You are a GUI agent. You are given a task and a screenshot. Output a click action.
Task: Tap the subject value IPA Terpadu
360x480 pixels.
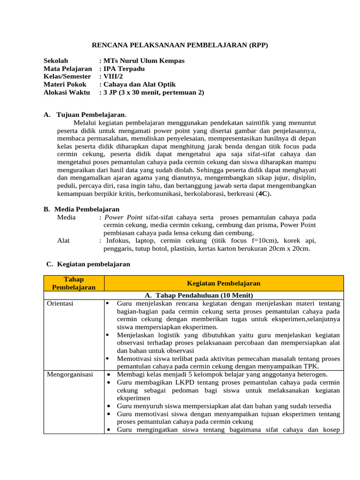tap(124, 69)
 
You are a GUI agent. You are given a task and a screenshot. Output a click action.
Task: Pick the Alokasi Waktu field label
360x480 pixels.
tap(67, 92)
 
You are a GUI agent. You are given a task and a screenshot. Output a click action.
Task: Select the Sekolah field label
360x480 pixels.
tap(56, 61)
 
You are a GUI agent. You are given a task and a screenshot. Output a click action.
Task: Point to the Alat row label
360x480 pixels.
tap(63, 240)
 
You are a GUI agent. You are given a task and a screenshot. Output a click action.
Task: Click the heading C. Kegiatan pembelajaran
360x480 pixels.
tap(88, 264)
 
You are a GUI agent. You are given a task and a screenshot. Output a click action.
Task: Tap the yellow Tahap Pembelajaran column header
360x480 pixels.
tap(74, 283)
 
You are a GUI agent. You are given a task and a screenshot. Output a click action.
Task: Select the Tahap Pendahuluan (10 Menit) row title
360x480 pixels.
tap(199, 295)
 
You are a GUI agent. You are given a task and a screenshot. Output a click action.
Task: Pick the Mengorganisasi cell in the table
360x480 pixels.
tap(70, 375)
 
